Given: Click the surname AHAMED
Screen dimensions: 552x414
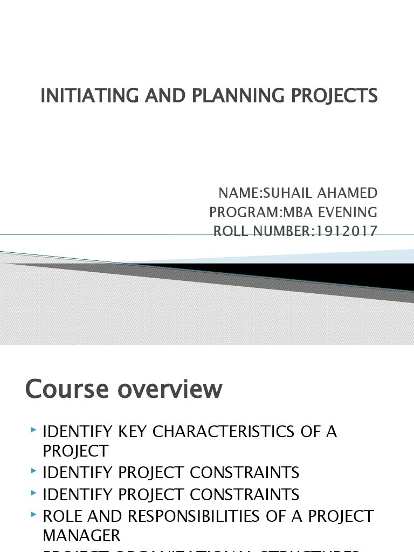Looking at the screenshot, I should pos(351,193).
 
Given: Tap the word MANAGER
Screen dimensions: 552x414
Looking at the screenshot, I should pos(81,535).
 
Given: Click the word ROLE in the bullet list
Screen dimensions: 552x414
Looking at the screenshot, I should pos(62,516).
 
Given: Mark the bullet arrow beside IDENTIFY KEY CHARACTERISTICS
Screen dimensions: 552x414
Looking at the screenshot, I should pos(34,430).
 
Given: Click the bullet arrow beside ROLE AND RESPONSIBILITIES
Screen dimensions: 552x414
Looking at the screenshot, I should pos(34,514).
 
